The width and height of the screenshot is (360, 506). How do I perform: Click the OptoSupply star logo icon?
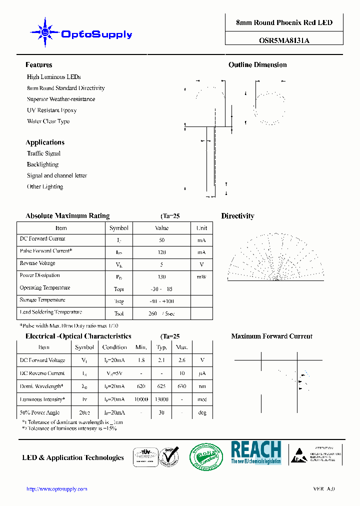point(45,33)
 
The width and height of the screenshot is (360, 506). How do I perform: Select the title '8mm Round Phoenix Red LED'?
point(284,22)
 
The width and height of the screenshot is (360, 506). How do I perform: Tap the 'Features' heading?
point(39,65)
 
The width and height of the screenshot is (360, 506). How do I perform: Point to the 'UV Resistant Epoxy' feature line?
point(52,110)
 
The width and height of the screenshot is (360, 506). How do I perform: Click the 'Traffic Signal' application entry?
point(43,153)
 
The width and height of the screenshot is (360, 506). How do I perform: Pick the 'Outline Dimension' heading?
point(257,65)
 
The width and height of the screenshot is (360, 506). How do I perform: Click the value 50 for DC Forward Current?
point(161,240)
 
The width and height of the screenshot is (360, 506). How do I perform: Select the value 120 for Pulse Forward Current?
point(161,252)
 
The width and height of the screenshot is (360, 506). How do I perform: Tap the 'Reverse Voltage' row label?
point(37,263)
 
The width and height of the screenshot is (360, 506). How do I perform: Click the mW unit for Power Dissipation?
point(201,276)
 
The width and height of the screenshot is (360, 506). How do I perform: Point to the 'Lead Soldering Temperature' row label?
point(50,312)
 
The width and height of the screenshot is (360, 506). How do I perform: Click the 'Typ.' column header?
point(161,347)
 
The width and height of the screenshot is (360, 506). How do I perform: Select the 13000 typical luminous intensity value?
point(161,399)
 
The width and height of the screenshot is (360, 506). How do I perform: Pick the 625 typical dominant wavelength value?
point(161,386)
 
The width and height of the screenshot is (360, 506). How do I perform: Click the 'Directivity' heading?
point(237,216)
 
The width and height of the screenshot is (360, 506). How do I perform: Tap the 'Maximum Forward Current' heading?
point(271,336)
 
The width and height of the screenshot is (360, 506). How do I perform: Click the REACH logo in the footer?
point(256,452)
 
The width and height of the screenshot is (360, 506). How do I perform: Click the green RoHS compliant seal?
point(205,457)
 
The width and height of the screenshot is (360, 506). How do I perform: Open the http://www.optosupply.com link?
point(56,489)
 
